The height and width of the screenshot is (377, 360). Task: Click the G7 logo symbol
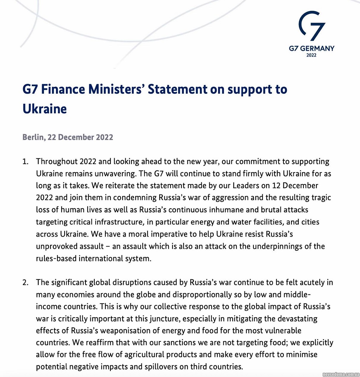point(312,26)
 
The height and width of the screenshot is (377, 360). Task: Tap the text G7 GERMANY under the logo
point(312,48)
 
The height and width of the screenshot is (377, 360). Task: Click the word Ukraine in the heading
point(45,109)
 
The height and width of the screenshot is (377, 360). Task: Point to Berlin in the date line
point(33,137)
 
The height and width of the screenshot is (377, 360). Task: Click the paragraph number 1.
point(26,162)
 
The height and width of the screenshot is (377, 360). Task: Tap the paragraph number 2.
point(26,282)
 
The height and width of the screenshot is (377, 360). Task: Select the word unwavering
point(111,174)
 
